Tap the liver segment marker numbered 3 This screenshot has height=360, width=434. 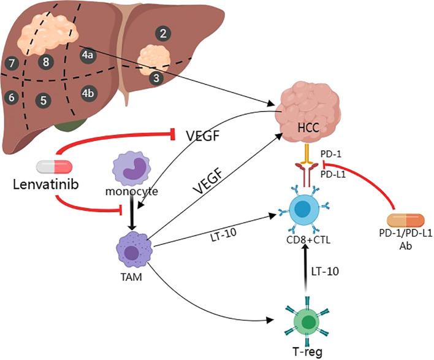pos(157,77)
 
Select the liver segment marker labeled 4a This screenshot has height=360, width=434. pos(87,55)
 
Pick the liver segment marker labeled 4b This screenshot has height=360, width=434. pos(88,93)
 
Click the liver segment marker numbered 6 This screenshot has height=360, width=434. pos(10,97)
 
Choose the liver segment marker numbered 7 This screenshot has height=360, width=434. pos(11,62)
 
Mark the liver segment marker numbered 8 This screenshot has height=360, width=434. pos(45,61)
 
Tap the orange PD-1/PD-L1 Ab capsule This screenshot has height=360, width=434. pos(405,220)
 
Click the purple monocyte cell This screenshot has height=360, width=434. pos(131,172)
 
